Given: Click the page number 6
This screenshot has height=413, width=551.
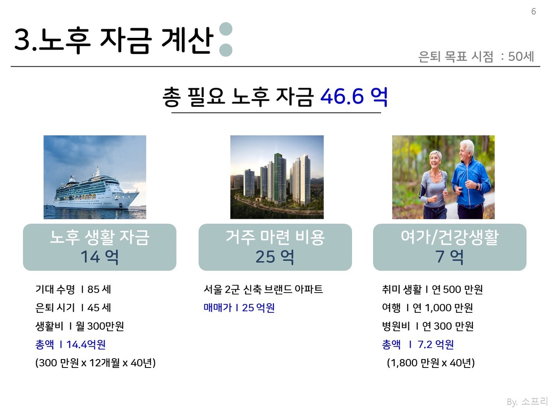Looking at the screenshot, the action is click(533, 12).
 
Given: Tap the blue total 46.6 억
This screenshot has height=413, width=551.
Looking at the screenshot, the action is click(354, 97).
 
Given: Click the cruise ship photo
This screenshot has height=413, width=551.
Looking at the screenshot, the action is click(95, 177).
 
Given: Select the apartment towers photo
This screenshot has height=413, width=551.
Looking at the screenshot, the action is click(277, 177).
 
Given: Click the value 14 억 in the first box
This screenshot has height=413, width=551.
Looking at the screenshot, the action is click(99, 257).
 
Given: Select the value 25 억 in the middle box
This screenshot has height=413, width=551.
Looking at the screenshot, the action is click(275, 257).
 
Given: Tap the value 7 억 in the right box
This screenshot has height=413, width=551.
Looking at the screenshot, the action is click(449, 257).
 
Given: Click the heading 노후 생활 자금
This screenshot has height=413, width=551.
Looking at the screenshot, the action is click(99, 237).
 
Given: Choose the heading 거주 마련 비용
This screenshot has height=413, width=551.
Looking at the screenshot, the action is click(275, 237).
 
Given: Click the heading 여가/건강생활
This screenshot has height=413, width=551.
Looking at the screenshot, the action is click(449, 237).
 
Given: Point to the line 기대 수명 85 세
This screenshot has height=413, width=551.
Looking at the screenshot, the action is click(73, 289).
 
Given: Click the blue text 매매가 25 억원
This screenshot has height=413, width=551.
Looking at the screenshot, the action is click(239, 308).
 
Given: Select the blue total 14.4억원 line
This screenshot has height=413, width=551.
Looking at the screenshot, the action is click(70, 345).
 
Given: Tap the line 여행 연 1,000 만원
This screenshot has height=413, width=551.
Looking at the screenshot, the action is click(427, 308).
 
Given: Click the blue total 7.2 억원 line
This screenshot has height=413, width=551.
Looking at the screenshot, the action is click(418, 345).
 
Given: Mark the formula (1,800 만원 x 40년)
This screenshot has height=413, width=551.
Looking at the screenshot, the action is click(431, 363).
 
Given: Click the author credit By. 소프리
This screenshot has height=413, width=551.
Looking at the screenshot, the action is click(527, 401).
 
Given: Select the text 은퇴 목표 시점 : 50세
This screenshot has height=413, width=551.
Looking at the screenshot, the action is click(476, 56).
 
